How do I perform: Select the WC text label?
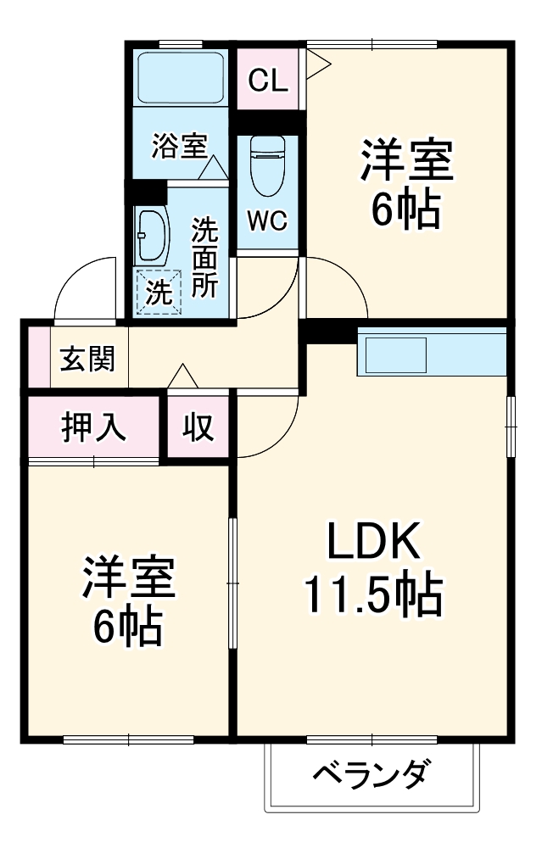coord(267,220)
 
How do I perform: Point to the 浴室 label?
coord(179,145)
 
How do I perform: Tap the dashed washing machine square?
coord(159,292)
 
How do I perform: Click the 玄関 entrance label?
coord(87,360)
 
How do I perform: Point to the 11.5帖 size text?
coord(373,595)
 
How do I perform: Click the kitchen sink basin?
coord(396,354)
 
